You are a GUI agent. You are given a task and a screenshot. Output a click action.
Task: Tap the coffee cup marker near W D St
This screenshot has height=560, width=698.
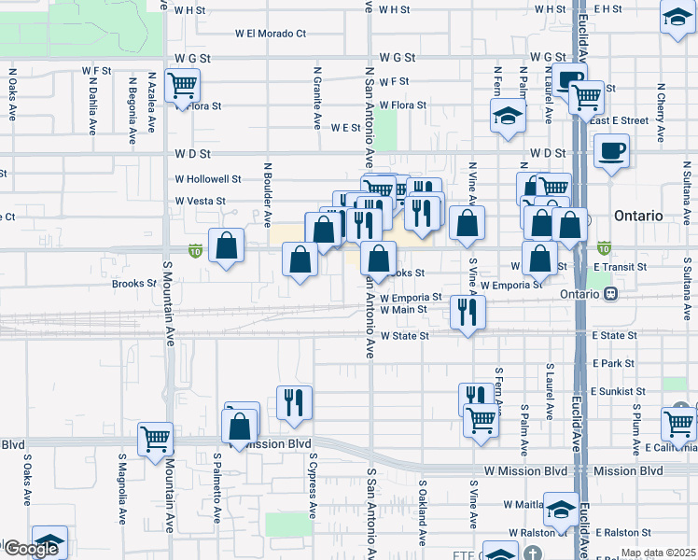pos(611,151)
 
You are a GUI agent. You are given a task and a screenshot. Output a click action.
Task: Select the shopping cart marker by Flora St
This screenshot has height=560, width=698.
pos(182,87)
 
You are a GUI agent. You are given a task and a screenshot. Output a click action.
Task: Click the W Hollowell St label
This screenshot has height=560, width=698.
pos(208,178)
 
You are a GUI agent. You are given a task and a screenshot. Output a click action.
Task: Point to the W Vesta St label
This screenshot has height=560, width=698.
pos(201,201)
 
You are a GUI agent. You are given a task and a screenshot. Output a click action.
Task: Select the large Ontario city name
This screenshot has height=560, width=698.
pos(638,216)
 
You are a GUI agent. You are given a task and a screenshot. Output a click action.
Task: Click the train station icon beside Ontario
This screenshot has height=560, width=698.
pos(611,293)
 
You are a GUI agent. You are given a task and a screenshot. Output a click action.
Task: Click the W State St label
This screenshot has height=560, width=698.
pos(403,335)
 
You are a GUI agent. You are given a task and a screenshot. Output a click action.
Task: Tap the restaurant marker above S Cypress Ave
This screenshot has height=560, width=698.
pos(294,402)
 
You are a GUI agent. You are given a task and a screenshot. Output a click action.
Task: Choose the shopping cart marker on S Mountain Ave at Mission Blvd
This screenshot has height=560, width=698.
pos(155,439)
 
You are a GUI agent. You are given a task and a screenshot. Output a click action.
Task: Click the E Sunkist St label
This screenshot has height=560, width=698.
pos(617,392)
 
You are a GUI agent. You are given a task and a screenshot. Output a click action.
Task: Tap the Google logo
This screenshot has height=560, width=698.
pos(31,549)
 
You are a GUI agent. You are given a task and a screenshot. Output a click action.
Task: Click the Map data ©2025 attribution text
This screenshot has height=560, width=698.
pos(657,553)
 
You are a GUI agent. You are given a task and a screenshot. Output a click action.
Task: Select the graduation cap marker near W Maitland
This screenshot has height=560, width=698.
pos(561,510)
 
